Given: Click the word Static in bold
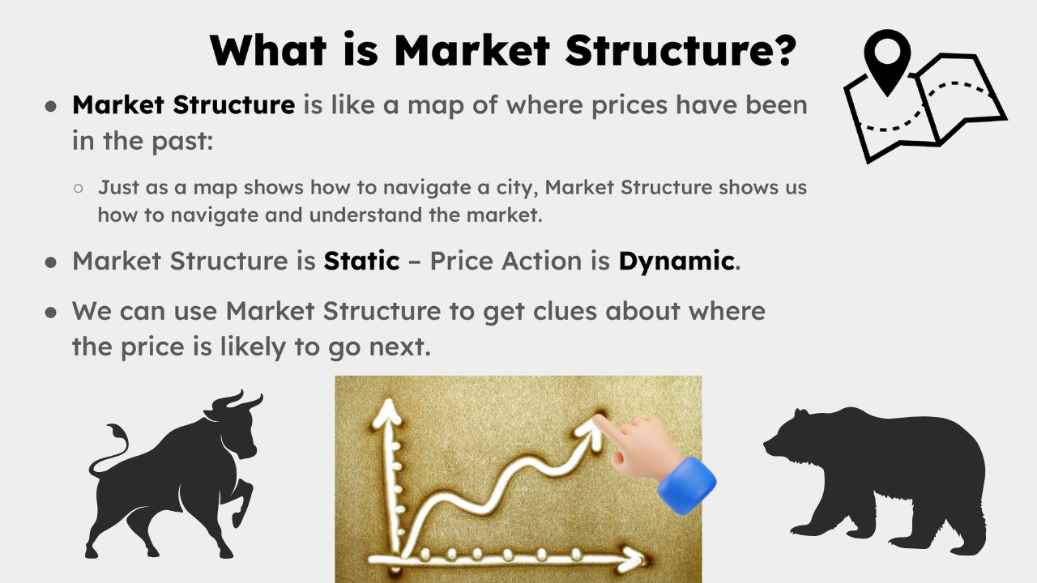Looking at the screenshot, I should point(361,261).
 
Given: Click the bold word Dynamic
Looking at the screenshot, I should point(676,261).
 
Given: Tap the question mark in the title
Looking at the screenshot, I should point(780,49).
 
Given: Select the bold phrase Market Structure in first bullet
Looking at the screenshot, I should point(183,104).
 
